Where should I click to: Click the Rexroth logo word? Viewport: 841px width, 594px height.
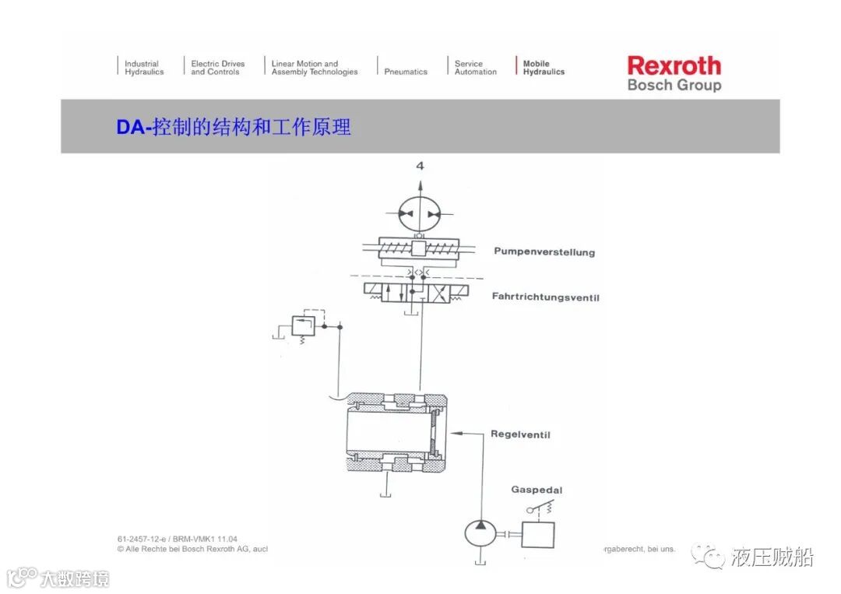(674, 65)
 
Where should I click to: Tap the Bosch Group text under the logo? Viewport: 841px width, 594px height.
(674, 85)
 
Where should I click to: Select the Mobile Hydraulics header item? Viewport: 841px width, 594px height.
(543, 68)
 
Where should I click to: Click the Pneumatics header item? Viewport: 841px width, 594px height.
(406, 72)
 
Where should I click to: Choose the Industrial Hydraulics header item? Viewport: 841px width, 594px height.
(144, 68)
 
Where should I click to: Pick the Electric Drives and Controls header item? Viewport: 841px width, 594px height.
(217, 68)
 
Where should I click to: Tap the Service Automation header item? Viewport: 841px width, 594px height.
(475, 68)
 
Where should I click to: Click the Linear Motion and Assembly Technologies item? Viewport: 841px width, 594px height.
(314, 68)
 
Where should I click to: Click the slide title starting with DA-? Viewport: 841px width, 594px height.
(234, 126)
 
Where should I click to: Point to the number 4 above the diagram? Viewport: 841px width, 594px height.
(420, 166)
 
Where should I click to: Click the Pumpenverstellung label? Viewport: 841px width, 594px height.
(544, 252)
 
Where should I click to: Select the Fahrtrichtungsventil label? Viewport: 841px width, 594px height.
(545, 297)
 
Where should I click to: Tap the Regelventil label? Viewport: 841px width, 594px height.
(520, 434)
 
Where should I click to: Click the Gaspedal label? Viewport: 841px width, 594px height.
(537, 490)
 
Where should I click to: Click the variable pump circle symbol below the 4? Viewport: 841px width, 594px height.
(420, 213)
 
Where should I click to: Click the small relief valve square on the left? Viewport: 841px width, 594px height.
(301, 325)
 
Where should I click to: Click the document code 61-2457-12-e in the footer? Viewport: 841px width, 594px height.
(145, 539)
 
